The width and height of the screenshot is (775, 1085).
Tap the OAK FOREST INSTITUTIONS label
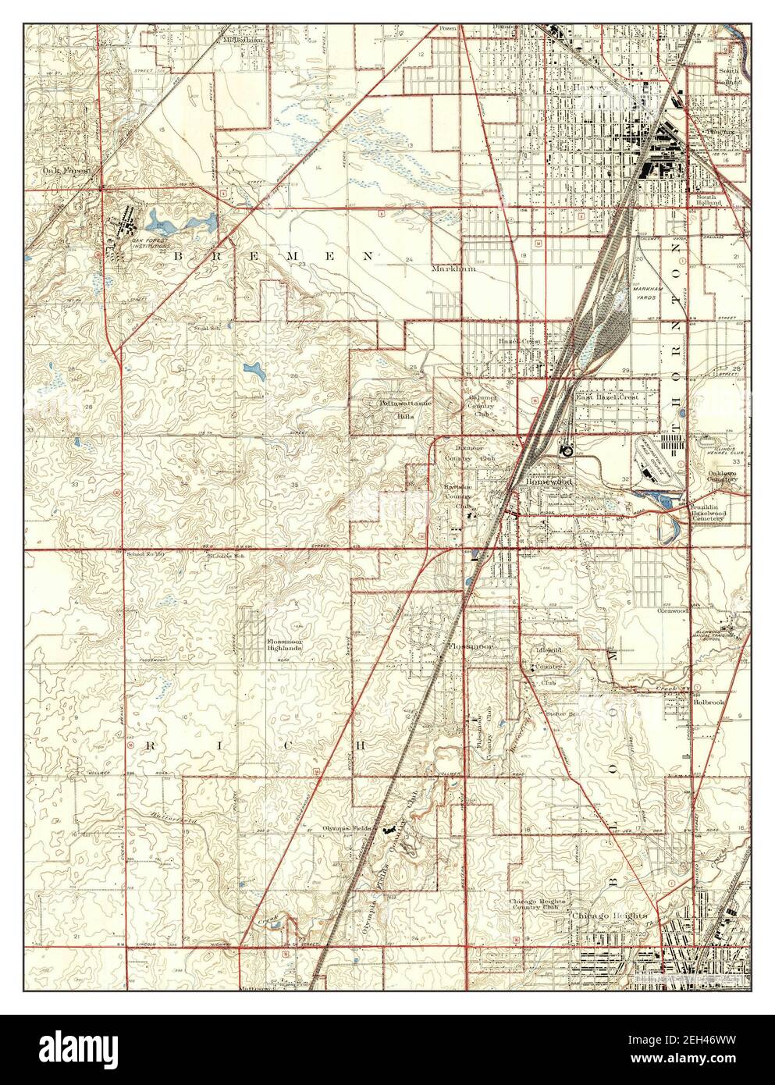(150, 243)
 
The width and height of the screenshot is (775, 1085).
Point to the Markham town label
(453, 268)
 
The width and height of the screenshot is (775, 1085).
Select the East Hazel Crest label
(607, 397)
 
